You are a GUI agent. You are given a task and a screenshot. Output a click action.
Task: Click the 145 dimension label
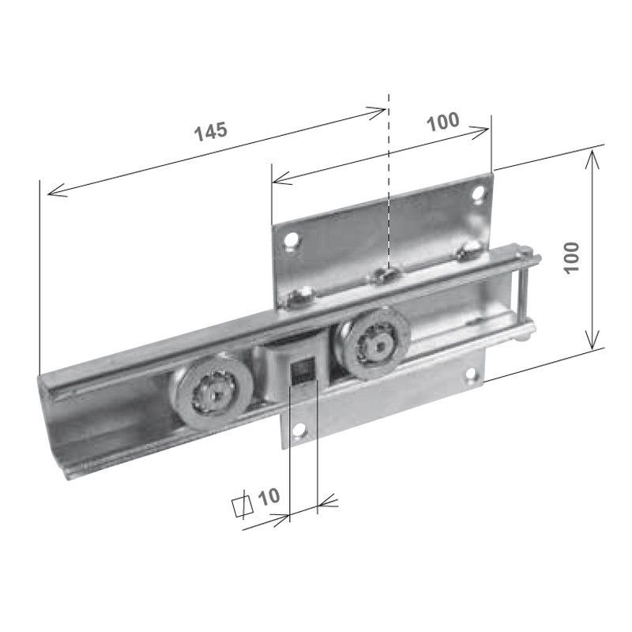coord(211,130)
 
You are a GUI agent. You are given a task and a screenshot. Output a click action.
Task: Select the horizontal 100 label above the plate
coord(442,122)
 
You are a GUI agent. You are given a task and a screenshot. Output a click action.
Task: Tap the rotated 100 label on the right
coord(573,257)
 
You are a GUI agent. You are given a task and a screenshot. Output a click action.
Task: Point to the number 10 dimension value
coord(269,496)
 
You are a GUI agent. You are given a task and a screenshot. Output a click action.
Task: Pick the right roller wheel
coord(376,342)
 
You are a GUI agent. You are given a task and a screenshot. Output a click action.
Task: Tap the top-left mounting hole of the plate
coord(292,239)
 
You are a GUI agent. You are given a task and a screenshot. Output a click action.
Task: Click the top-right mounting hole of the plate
coord(477,192)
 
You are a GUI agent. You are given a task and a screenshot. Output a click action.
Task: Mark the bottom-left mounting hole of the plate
coord(299,431)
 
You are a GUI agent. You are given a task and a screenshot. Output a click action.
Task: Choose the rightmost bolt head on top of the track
coord(468,251)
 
